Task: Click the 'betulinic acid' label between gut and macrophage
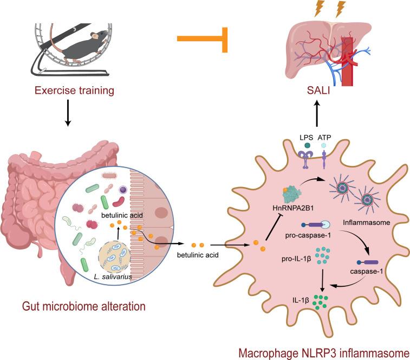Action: [202, 255]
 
